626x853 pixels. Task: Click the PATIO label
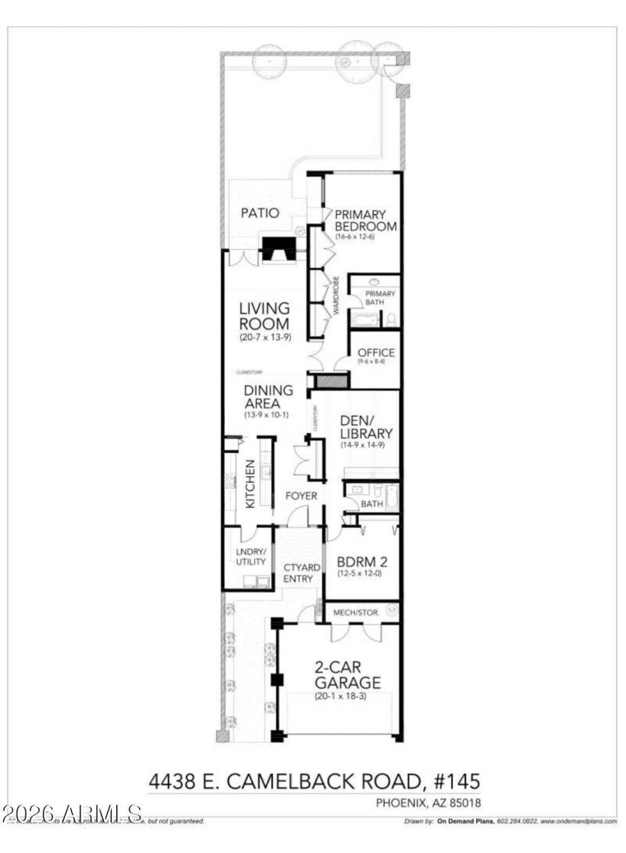click(260, 213)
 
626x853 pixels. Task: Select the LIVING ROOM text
click(264, 317)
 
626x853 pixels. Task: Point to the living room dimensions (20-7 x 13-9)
click(264, 337)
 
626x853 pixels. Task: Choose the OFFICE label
click(376, 353)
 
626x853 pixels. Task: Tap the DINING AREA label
click(268, 397)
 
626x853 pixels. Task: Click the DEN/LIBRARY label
click(366, 427)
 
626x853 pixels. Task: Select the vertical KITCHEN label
click(250, 484)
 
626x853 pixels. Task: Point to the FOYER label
click(301, 496)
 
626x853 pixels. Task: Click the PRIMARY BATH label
click(380, 298)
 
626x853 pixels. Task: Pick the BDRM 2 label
click(363, 562)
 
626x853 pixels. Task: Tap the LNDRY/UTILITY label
click(250, 557)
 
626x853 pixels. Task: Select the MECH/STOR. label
click(356, 612)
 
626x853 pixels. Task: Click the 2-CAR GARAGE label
click(347, 675)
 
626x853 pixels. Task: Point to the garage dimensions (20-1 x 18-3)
click(340, 696)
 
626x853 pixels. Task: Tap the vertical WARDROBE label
click(336, 296)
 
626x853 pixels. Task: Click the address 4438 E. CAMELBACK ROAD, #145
click(314, 781)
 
